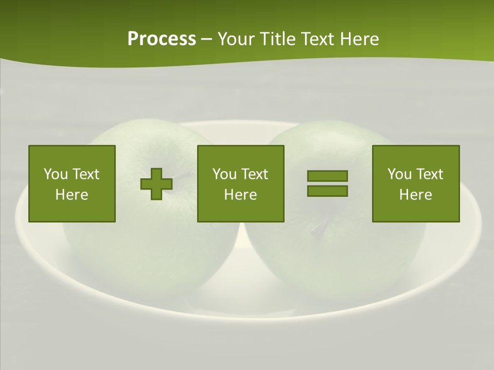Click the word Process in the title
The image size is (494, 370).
click(162, 39)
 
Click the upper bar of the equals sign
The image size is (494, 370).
click(327, 176)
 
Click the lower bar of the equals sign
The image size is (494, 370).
click(327, 191)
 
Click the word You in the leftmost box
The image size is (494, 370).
click(56, 174)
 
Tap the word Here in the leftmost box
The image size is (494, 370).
click(72, 195)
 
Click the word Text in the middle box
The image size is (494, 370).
click(255, 174)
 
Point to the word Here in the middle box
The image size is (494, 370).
click(241, 195)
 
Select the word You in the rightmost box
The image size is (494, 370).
click(399, 174)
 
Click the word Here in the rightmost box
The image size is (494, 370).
click(416, 195)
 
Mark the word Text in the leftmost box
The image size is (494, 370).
click(86, 174)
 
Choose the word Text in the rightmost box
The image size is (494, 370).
click(430, 174)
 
